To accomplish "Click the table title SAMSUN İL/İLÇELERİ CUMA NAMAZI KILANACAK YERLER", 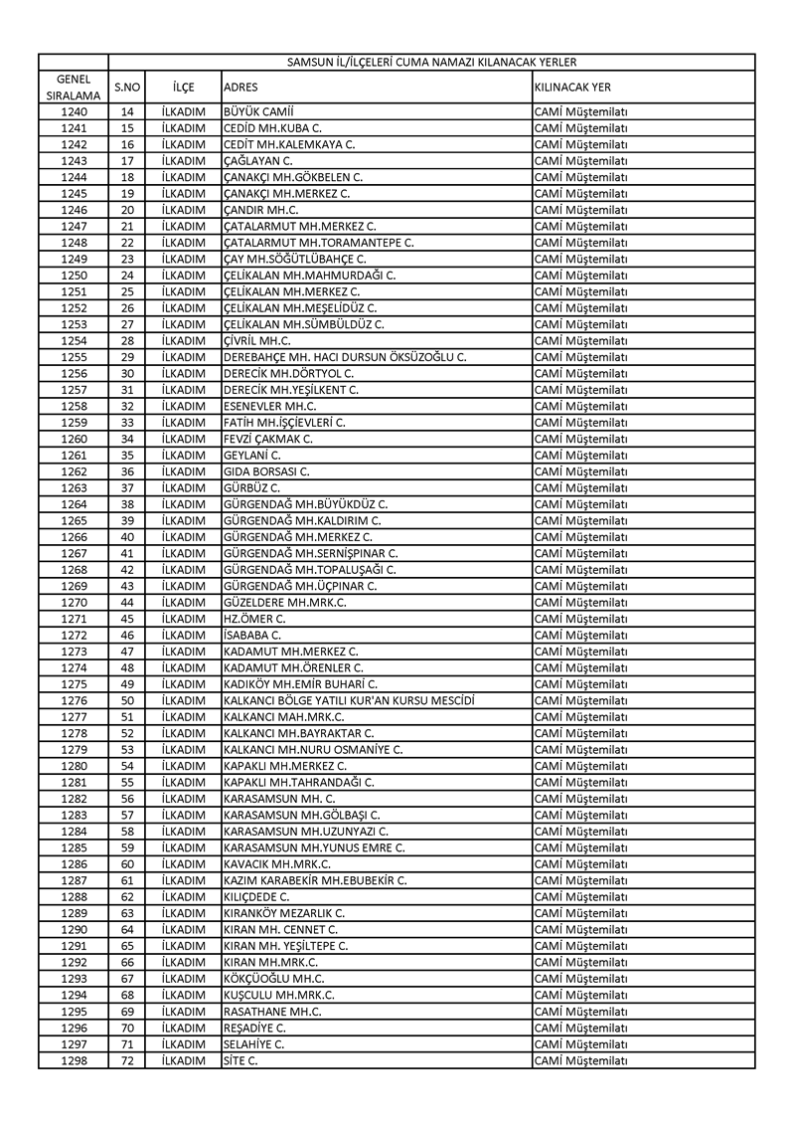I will [x=431, y=62].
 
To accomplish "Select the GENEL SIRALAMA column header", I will [x=74, y=87].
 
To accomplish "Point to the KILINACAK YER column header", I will [x=572, y=88].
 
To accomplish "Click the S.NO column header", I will [x=127, y=88].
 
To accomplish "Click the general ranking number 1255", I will [x=74, y=357].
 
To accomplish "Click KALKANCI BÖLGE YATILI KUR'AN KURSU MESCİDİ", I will [x=349, y=700].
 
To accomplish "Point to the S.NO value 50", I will [x=127, y=700].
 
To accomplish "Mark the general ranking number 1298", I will [x=74, y=1060].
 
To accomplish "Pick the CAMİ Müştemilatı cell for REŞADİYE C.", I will [x=581, y=1028].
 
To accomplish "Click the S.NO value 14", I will [x=127, y=112].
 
